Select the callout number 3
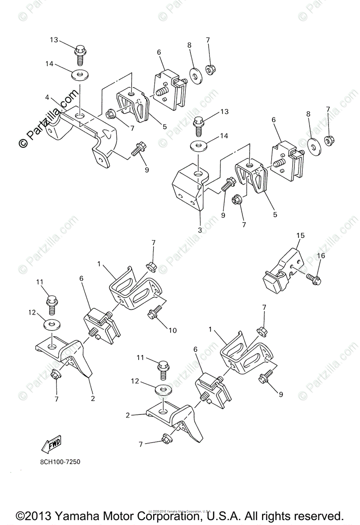tap(199, 230)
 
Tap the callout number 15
tap(300, 236)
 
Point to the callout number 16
tap(321, 255)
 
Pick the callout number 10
tap(173, 330)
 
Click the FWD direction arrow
tap(51, 444)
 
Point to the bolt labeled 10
tap(154, 313)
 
